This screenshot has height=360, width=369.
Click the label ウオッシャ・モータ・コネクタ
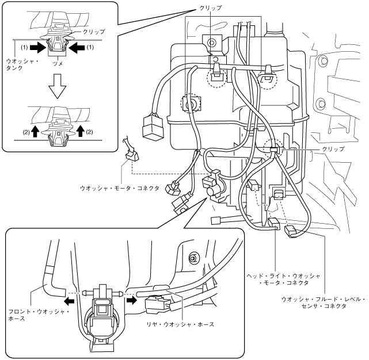[x=120, y=188]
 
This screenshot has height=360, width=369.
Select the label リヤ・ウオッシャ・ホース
[x=180, y=324]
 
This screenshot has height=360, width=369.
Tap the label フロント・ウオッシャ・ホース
[x=39, y=315]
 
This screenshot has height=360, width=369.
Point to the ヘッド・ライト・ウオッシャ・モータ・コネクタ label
[x=283, y=279]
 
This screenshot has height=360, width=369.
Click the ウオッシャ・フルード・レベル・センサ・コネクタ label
[x=324, y=302]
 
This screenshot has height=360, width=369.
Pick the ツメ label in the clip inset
[x=58, y=63]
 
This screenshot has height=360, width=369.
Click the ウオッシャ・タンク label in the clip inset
[x=22, y=64]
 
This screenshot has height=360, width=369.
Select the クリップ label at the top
[x=210, y=8]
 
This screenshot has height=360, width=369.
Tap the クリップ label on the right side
[x=333, y=149]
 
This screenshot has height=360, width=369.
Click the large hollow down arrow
[x=57, y=86]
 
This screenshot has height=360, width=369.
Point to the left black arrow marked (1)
[x=38, y=48]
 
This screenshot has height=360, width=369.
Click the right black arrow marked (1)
[x=77, y=48]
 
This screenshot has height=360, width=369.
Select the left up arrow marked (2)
[x=35, y=131]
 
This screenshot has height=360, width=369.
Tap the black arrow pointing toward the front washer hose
[x=70, y=301]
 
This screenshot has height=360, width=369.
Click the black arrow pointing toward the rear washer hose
[x=132, y=300]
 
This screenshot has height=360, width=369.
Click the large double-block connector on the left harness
[x=153, y=125]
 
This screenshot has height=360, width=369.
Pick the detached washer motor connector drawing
[x=131, y=151]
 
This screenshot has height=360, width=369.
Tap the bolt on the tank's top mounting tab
[x=212, y=43]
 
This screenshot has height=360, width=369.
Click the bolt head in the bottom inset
[x=194, y=257]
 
